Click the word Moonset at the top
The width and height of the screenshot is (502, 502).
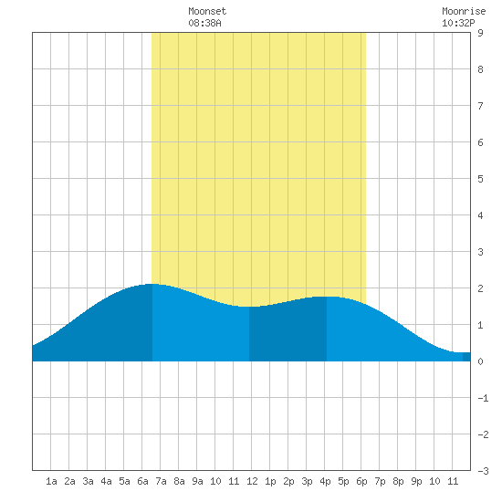pos(207,11)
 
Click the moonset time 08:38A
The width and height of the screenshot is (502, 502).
pos(204,23)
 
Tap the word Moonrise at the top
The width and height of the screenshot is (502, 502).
pos(464,11)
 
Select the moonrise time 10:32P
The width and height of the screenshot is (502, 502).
pos(458,23)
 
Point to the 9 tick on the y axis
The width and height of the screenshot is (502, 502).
pos(480,33)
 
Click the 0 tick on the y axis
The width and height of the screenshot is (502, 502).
pos(480,361)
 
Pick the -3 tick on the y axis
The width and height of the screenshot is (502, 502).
pos(483,471)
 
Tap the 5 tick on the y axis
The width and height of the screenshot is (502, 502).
pos(480,179)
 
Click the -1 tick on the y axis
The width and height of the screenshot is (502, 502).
pos(483,398)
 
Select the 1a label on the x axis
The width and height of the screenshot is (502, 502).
pos(51,481)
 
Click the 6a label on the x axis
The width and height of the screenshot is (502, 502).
pos(142,481)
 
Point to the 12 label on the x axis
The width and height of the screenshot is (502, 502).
pos(252,481)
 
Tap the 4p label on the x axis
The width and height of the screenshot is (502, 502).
pos(325,481)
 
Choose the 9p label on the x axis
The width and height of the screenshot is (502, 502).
pos(416,481)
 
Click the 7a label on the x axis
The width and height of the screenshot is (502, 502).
pos(161,481)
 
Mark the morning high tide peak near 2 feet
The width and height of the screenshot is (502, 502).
pos(152,284)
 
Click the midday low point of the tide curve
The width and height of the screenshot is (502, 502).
pos(249,307)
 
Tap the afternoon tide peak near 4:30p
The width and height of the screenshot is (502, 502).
pos(327,297)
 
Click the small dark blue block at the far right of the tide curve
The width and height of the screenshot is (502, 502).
pos(466,357)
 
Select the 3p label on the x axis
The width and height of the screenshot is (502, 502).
pos(307,481)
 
